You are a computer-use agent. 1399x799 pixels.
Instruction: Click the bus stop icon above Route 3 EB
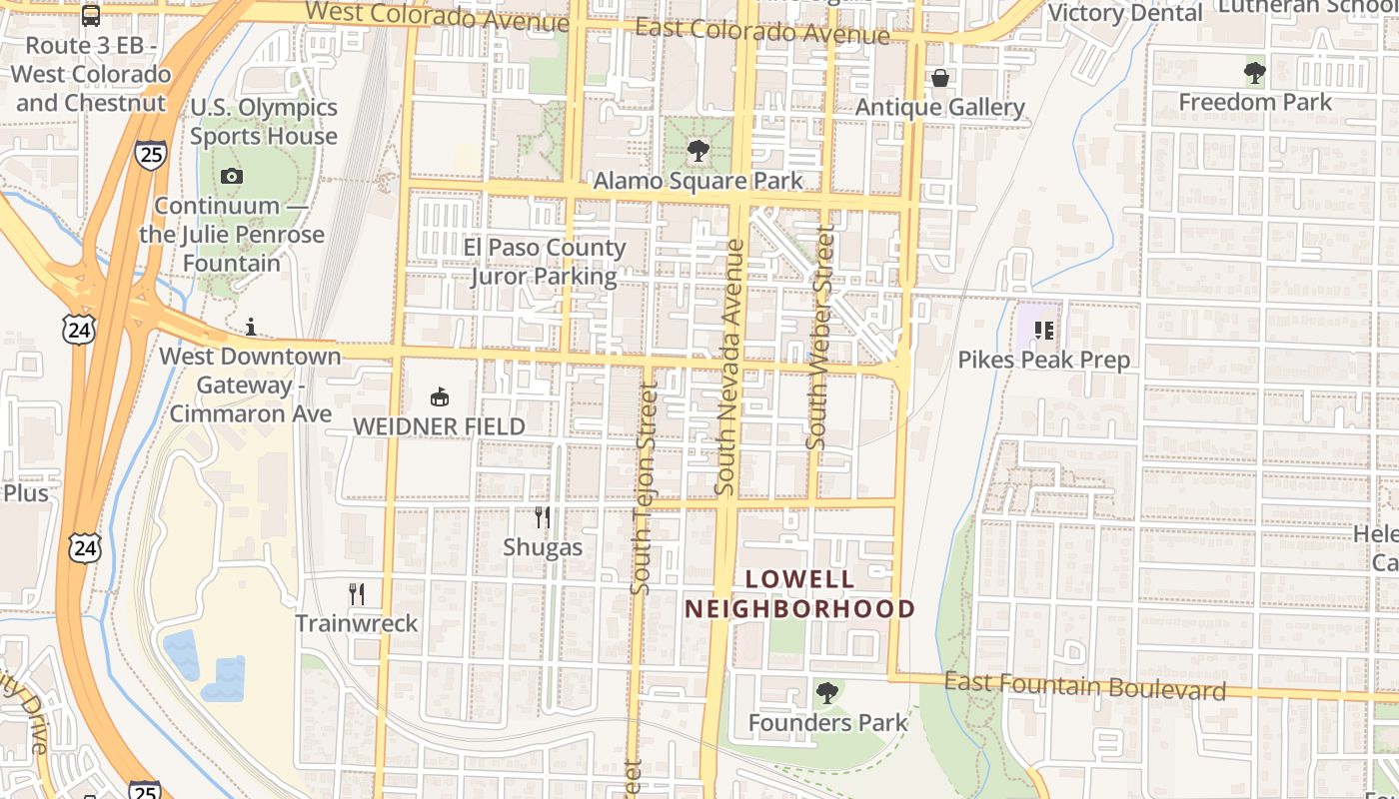click(x=91, y=16)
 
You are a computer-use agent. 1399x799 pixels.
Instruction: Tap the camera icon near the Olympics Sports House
click(x=232, y=177)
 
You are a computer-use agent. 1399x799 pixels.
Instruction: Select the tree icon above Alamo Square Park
click(x=698, y=152)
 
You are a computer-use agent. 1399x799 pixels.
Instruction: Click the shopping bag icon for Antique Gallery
click(x=940, y=78)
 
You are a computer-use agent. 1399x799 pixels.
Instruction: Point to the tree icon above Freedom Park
click(x=1255, y=73)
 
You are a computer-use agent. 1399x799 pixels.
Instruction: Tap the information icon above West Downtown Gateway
click(x=251, y=327)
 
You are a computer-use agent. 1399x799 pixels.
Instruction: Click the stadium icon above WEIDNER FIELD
click(x=439, y=398)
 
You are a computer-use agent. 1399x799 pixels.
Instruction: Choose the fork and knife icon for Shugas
click(x=543, y=517)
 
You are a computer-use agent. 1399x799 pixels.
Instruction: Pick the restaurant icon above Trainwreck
click(x=357, y=594)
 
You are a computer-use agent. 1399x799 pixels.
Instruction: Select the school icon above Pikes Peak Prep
click(x=1044, y=331)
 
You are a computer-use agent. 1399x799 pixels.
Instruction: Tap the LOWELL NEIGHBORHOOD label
click(x=799, y=594)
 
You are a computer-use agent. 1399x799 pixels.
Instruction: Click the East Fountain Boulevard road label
click(x=1084, y=686)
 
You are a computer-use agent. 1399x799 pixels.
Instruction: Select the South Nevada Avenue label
click(x=730, y=368)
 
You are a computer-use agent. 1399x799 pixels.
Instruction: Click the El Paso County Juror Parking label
click(x=545, y=262)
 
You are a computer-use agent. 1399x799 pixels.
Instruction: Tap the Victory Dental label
click(x=1125, y=13)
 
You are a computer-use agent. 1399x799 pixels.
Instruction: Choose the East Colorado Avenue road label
click(x=762, y=31)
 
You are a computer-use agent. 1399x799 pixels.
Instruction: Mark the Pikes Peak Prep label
click(x=1044, y=361)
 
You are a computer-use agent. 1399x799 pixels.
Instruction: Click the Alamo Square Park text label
click(x=699, y=181)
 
